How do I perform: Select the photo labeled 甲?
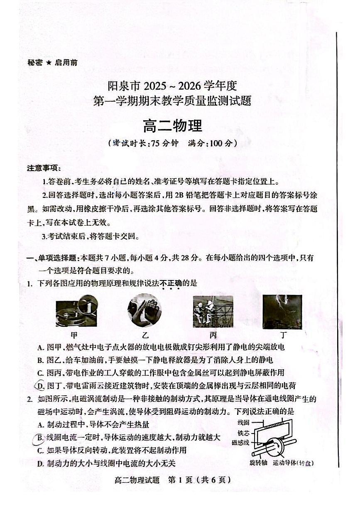[76, 311]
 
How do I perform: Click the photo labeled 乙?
[144, 311]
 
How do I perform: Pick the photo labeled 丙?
[213, 312]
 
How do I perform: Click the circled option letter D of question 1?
[41, 386]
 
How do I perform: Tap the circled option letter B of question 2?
[41, 438]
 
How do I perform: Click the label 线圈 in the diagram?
[243, 422]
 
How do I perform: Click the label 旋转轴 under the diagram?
[259, 463]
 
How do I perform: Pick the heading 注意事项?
[44, 168]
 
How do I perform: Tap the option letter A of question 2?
[40, 425]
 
